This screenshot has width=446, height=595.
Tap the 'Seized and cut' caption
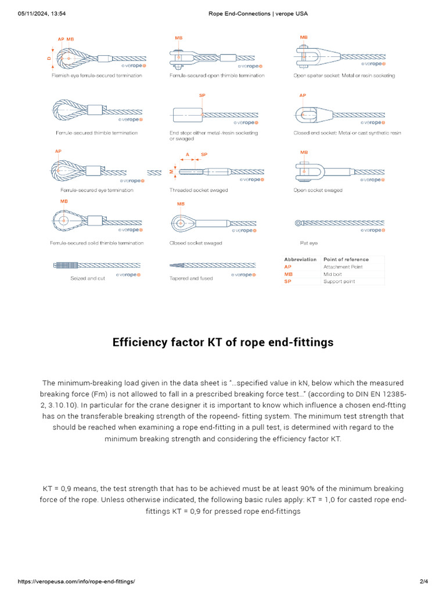pyautogui.click(x=88, y=278)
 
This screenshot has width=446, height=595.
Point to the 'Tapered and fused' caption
pyautogui.click(x=191, y=278)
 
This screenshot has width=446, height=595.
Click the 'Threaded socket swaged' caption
pyautogui.click(x=199, y=190)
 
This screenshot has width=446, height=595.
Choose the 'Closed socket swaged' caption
pyautogui.click(x=196, y=243)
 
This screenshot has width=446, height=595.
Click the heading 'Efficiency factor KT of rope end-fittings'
pyautogui.click(x=223, y=342)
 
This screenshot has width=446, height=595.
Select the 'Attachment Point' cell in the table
pyautogui.click(x=343, y=267)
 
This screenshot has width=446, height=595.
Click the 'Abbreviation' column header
pyautogui.click(x=300, y=259)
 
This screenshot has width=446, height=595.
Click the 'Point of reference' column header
pyautogui.click(x=346, y=259)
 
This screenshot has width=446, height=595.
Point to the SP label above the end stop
pyautogui.click(x=202, y=94)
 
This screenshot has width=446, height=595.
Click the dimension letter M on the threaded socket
pyautogui.click(x=171, y=171)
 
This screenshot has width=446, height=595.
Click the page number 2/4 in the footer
pyautogui.click(x=423, y=582)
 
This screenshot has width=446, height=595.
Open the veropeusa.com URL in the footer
pyautogui.click(x=76, y=582)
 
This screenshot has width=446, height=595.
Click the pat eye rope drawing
pyautogui.click(x=340, y=223)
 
